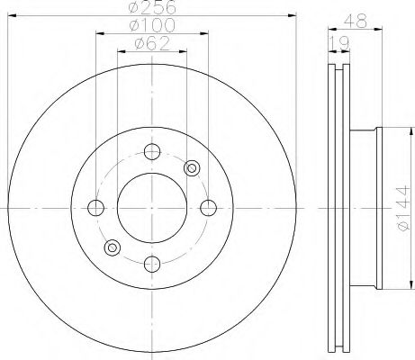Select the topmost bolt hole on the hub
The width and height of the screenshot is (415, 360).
point(152,151)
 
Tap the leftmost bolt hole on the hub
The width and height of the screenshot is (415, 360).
point(95,208)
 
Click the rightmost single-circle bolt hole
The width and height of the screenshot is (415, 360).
point(209,208)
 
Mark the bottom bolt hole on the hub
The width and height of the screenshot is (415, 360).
point(152,264)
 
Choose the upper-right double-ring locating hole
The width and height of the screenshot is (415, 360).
point(191,168)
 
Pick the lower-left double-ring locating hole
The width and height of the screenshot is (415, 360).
point(113,247)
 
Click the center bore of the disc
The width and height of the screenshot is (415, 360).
point(152,208)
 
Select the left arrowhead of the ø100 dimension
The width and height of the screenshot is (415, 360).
point(98,34)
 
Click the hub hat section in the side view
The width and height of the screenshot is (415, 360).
point(365,208)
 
